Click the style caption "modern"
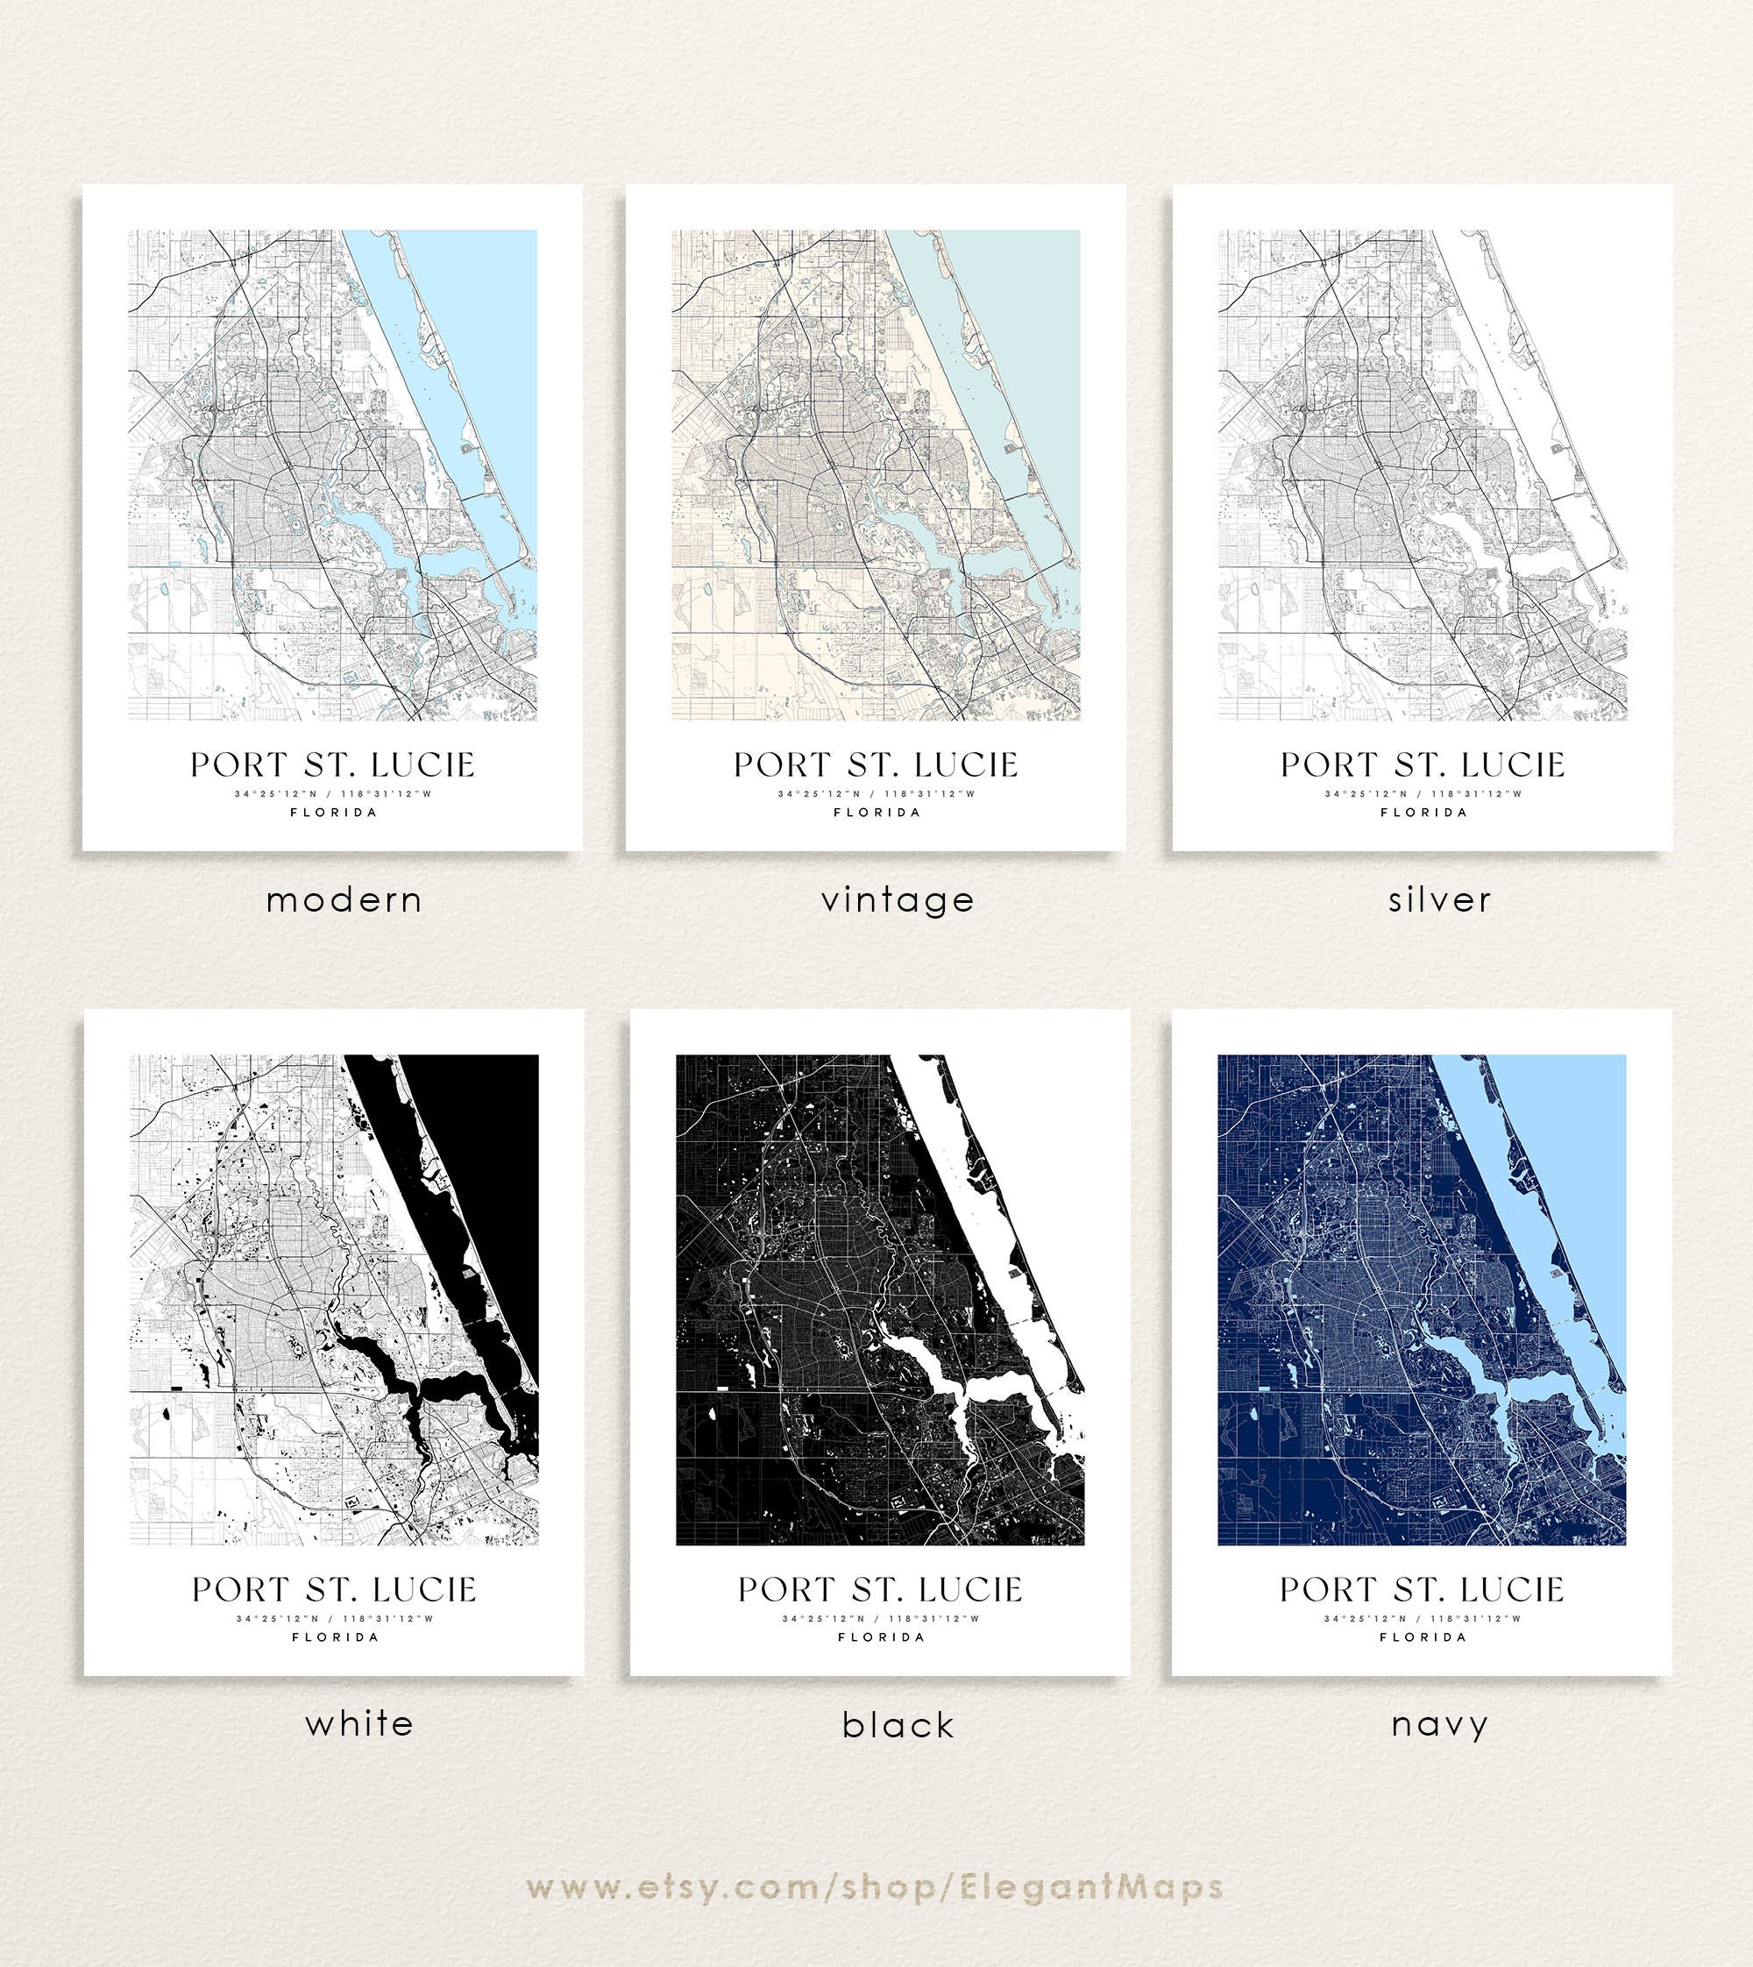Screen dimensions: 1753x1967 (x=344, y=900)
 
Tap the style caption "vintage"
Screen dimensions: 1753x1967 (x=898, y=900)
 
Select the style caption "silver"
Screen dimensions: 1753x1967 (x=1439, y=900)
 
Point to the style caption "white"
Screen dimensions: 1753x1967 (x=359, y=1723)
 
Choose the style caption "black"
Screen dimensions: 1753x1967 (x=898, y=1725)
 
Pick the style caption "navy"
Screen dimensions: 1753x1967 (x=1439, y=1724)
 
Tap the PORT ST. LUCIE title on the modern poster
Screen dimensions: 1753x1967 (x=332, y=765)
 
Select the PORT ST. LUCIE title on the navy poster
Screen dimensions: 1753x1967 (x=1422, y=1589)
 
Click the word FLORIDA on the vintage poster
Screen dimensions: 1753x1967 (x=876, y=812)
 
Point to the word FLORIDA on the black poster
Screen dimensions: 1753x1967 (x=880, y=1637)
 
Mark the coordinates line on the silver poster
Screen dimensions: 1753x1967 (x=1423, y=794)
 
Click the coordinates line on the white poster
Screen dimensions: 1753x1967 (x=334, y=1618)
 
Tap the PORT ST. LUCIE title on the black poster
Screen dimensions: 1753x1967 (x=880, y=1589)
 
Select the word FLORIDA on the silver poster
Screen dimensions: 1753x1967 (x=1423, y=812)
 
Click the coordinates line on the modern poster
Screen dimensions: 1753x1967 (x=332, y=794)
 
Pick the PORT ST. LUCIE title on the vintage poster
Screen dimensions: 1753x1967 (x=876, y=765)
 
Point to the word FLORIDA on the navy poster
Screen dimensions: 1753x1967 (x=1423, y=1637)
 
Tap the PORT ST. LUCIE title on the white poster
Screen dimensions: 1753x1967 (x=334, y=1589)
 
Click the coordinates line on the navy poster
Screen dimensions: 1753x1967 (x=1422, y=1618)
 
